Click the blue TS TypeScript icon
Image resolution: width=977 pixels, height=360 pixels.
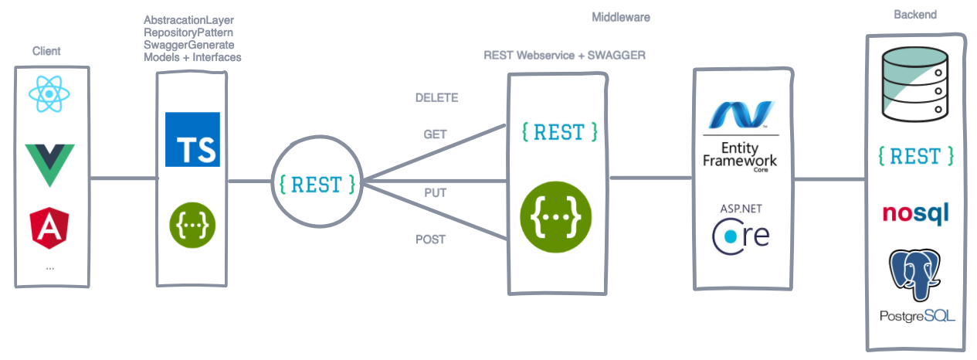[192, 140]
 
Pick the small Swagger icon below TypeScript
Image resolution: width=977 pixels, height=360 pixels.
[192, 224]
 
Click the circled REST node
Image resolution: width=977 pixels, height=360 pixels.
[317, 184]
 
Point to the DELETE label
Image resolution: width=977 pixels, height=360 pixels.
[436, 98]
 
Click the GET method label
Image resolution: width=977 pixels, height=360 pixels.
[435, 134]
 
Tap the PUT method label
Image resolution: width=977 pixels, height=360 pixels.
[435, 193]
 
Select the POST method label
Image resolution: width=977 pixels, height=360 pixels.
[430, 239]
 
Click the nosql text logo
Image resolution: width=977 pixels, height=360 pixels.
[915, 213]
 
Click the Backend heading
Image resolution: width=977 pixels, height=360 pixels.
[914, 15]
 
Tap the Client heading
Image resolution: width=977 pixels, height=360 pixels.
[46, 51]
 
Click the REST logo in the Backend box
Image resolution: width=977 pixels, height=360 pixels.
[916, 156]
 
